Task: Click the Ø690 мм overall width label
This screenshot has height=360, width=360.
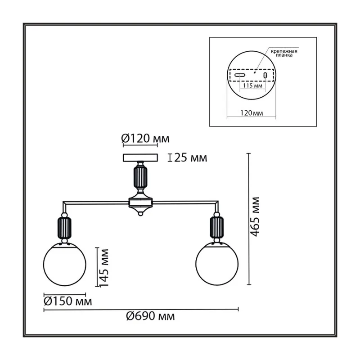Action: (x=150, y=316)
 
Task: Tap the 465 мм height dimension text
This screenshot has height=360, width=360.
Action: (x=255, y=217)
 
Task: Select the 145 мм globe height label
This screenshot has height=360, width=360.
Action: (x=104, y=268)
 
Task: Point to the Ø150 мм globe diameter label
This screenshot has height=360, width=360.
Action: (x=68, y=301)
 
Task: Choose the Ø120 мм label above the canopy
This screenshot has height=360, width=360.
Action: (x=145, y=139)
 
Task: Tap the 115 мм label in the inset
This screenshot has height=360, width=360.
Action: (x=252, y=85)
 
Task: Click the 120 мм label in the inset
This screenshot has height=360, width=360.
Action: (x=252, y=113)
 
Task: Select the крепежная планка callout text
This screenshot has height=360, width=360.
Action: (x=284, y=53)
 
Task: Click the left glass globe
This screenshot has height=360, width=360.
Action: (x=65, y=264)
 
